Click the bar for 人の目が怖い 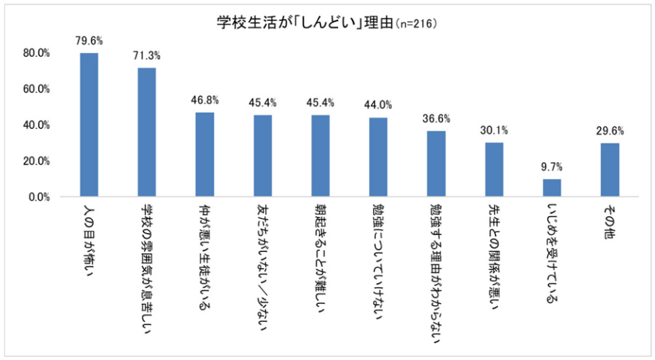coord(89,124)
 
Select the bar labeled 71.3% coord(147,132)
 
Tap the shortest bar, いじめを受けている coord(552,188)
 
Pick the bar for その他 coord(610,169)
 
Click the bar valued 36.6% coord(436,164)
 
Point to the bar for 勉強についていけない coord(378,157)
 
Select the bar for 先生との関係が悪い coord(494,169)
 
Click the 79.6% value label coord(89,41)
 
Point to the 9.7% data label coord(552,167)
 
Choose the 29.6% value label coord(610,131)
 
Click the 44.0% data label coord(378,105)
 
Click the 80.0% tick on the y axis coord(36,53)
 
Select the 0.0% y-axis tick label coord(38,196)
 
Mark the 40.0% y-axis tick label coord(36,125)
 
